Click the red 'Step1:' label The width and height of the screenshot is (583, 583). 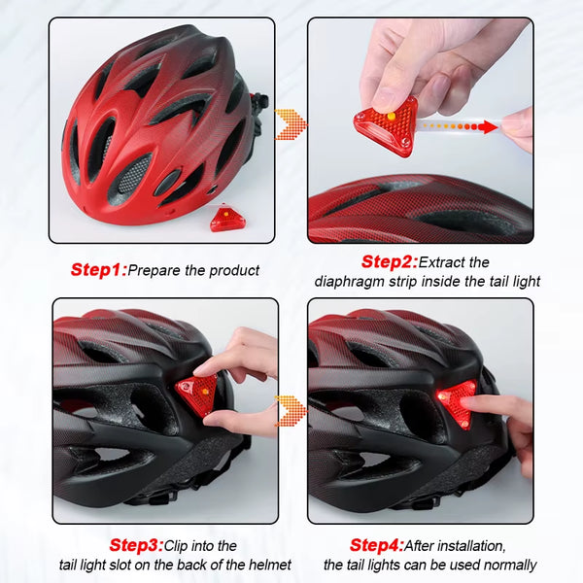click(x=98, y=269)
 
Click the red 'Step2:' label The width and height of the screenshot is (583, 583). click(x=389, y=261)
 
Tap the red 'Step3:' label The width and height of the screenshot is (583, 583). click(x=135, y=545)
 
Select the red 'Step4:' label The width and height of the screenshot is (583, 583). click(x=376, y=545)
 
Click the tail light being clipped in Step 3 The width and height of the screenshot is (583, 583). click(x=196, y=394)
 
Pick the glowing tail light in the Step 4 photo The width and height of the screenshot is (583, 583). click(x=457, y=400)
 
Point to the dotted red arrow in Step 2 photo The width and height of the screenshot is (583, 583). click(x=457, y=125)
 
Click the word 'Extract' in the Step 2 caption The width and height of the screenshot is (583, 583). click(x=443, y=262)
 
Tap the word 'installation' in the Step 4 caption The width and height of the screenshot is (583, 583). click(x=471, y=546)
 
